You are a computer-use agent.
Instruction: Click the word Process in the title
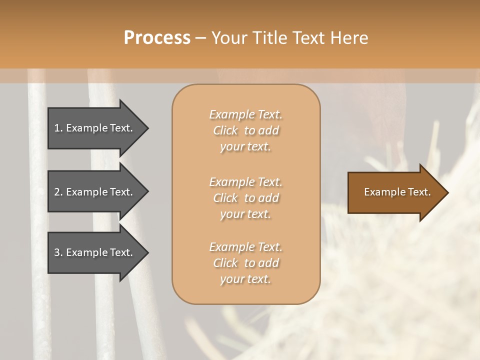157,37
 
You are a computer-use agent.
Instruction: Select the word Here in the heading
348,37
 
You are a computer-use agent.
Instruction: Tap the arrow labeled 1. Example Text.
95,128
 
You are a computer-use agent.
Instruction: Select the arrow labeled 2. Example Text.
95,192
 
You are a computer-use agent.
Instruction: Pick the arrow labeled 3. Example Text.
95,252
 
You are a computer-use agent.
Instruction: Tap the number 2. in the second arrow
58,192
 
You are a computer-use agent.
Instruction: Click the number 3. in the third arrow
58,252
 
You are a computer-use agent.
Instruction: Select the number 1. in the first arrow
58,128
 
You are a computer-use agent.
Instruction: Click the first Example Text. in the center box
245,114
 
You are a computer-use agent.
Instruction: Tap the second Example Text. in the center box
245,182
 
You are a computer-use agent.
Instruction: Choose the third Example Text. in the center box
245,247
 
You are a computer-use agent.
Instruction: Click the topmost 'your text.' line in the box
245,147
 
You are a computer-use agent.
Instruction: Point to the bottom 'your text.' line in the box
245,279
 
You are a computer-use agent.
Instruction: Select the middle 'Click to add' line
245,198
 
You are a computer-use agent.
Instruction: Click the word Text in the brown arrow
419,192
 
